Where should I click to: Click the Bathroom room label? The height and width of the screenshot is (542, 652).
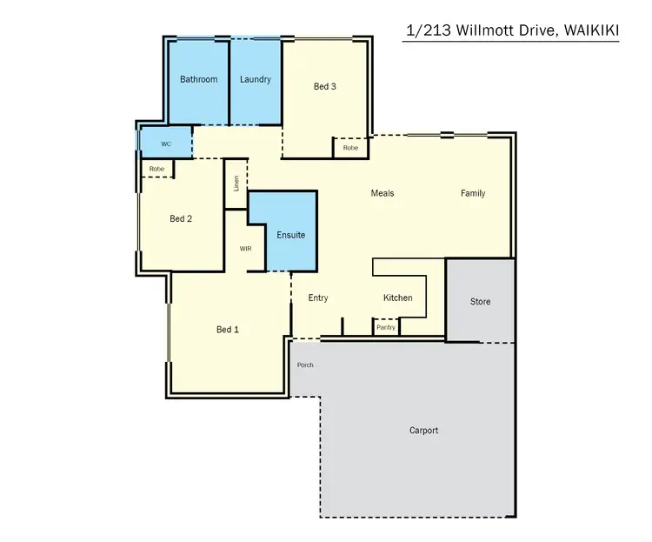(x=198, y=79)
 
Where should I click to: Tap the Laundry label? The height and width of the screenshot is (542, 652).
(x=255, y=79)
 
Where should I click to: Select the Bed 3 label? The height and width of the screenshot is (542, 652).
(x=325, y=86)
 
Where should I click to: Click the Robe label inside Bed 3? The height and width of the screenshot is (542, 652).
(x=350, y=149)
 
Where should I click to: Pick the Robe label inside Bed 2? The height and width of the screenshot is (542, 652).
(x=156, y=169)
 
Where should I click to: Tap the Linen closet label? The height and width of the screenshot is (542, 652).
(x=236, y=184)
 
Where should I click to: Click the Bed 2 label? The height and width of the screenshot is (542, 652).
(x=181, y=219)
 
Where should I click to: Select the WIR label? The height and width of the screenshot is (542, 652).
(x=246, y=249)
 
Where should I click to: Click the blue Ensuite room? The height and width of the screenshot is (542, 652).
(x=290, y=235)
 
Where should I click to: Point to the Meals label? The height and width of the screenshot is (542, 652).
(x=383, y=193)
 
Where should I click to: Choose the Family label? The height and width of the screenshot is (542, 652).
(x=473, y=193)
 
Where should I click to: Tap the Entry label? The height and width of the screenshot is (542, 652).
(x=318, y=298)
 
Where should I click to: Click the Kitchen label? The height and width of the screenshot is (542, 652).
(x=398, y=298)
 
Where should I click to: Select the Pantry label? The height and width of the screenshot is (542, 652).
(x=386, y=328)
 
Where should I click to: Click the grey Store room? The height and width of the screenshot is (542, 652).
(x=480, y=302)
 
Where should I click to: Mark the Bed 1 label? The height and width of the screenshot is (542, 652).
(x=228, y=330)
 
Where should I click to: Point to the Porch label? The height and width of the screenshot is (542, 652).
(x=305, y=365)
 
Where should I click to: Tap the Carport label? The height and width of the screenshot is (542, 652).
(x=423, y=431)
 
